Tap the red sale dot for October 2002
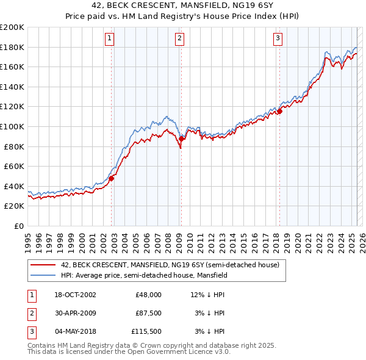click(x=112, y=178)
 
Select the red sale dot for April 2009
click(x=182, y=139)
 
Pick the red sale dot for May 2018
click(x=279, y=111)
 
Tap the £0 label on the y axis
click(x=19, y=226)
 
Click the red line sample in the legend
click(x=43, y=265)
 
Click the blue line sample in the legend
click(x=43, y=275)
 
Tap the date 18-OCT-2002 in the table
click(x=75, y=295)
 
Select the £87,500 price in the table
click(x=148, y=314)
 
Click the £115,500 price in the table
click(x=146, y=332)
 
